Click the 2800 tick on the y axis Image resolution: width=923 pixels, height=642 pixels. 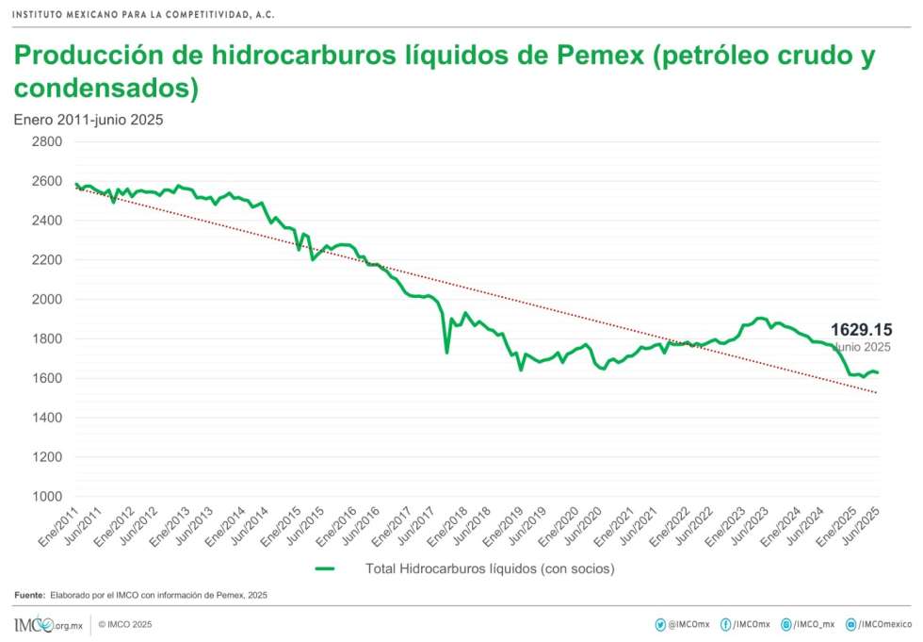(x=46, y=141)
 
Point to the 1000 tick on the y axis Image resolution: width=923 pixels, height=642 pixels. (x=46, y=496)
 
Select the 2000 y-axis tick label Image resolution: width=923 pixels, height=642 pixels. (x=46, y=299)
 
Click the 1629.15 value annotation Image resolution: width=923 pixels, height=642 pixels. (x=860, y=330)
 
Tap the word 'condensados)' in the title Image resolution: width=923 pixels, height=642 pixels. (x=106, y=89)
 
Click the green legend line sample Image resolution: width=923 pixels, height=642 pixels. (x=325, y=568)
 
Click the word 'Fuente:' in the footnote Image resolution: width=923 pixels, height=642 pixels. (x=29, y=595)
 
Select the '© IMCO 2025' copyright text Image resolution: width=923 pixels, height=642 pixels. (x=124, y=624)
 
